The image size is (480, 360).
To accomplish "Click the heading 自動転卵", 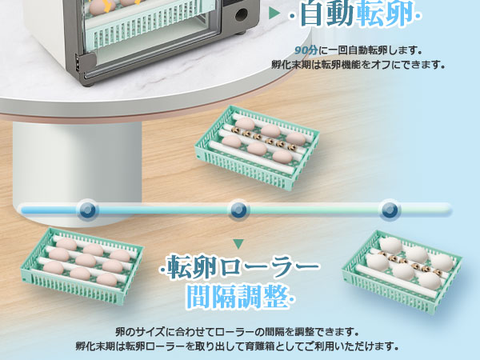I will [358, 14].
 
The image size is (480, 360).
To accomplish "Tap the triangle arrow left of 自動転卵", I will [275, 14].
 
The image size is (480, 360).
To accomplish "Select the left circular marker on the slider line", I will [87, 210].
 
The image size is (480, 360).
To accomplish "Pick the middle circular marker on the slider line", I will [238, 210].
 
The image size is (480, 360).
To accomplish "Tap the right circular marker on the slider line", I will [389, 210].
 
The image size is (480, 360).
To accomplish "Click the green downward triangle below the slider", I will [238, 242].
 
